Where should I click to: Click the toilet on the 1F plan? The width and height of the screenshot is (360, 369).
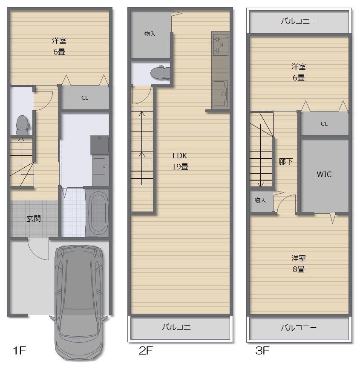click(x=23, y=125)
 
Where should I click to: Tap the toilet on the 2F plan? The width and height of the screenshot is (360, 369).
click(x=160, y=72)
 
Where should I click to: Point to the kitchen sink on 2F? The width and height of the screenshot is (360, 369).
click(x=220, y=94)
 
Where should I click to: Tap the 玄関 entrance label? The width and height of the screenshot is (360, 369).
click(x=34, y=219)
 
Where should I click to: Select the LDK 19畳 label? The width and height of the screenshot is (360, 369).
click(x=180, y=161)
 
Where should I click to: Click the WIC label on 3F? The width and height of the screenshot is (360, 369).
click(x=324, y=174)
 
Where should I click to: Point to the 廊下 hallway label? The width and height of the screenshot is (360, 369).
click(x=285, y=162)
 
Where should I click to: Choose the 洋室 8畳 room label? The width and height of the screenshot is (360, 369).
click(x=299, y=263)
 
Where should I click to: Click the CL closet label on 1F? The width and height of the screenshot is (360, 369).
click(x=85, y=97)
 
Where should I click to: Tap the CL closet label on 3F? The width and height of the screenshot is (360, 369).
click(x=324, y=123)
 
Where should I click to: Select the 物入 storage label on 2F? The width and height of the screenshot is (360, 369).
click(x=150, y=34)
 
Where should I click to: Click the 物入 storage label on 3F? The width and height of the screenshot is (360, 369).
click(x=260, y=200)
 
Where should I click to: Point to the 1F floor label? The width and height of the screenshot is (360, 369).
click(x=19, y=350)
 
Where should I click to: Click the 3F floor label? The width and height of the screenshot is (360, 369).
click(x=262, y=350)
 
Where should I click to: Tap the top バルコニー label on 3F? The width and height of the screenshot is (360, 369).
click(x=298, y=21)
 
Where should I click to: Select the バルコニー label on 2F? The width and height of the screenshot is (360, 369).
click(x=179, y=327)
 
